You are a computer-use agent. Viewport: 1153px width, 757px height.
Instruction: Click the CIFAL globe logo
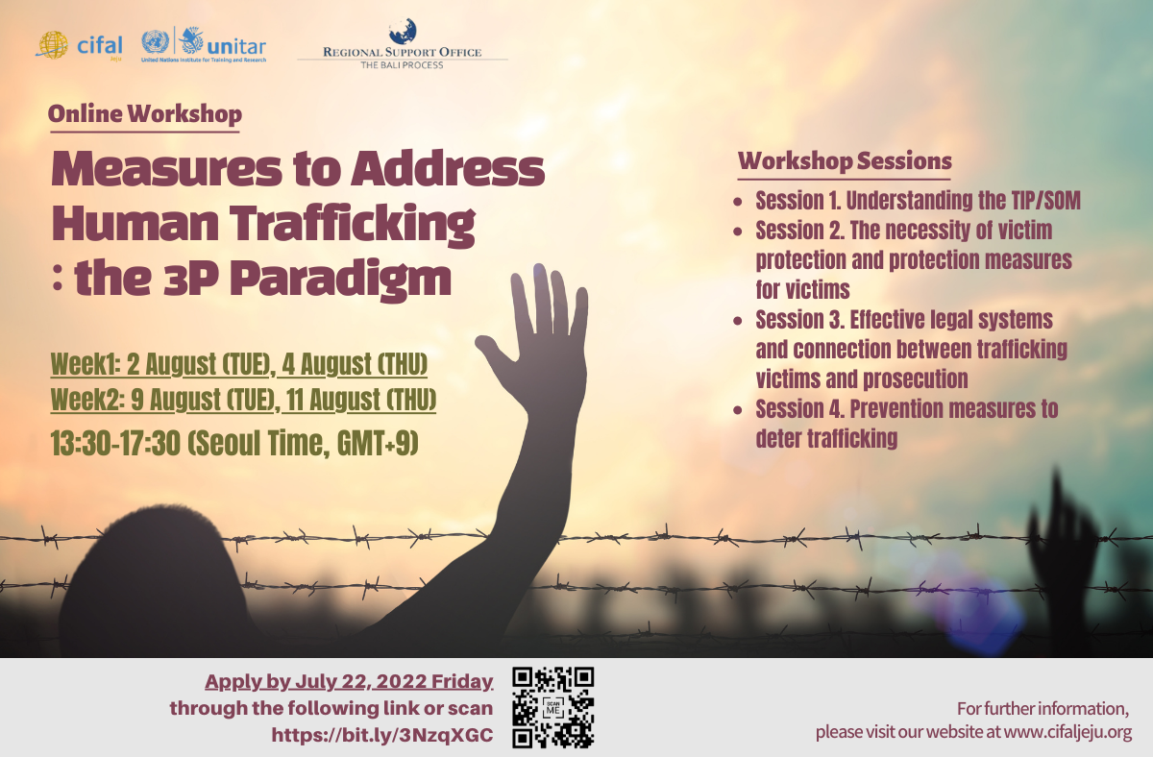tap(52, 45)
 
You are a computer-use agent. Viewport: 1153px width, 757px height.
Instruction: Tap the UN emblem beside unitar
tap(155, 41)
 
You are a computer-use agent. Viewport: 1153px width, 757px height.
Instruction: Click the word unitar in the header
tap(236, 47)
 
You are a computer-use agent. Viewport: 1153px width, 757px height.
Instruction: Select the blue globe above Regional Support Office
tap(403, 31)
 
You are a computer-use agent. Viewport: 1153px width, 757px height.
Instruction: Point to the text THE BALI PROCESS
tap(402, 64)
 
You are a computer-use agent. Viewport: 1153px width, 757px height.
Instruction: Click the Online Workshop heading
tap(145, 113)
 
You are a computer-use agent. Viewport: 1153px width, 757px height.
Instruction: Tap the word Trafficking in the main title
tap(352, 224)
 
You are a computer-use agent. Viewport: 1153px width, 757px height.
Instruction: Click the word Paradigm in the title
tap(340, 279)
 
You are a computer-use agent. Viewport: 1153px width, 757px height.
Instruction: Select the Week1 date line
tap(239, 364)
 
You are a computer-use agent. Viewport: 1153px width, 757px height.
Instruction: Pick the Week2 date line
tap(243, 400)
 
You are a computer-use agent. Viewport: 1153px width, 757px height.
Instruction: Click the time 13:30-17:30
tap(116, 443)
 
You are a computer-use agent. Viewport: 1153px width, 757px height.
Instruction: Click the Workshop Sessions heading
tap(845, 160)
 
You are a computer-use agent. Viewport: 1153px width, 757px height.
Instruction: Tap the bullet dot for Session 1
tap(738, 202)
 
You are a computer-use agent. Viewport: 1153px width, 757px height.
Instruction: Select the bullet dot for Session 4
tap(738, 410)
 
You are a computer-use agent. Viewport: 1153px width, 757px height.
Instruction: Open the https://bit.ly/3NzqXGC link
tap(382, 735)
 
